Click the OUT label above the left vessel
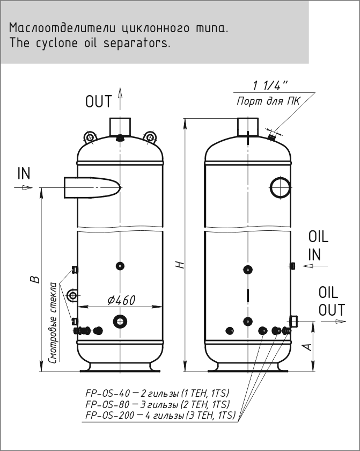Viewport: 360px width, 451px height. click(x=98, y=101)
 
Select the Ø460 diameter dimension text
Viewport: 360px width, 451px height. click(x=121, y=300)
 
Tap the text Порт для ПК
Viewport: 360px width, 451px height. click(x=268, y=101)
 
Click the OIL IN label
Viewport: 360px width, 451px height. click(x=318, y=245)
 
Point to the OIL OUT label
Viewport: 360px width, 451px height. click(x=328, y=301)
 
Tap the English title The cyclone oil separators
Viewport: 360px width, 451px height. click(x=90, y=43)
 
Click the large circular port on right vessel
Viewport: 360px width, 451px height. click(x=280, y=187)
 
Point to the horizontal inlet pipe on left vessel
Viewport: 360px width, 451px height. click(x=91, y=187)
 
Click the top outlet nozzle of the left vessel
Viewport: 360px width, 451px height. click(x=120, y=127)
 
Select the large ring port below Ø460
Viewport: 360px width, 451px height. click(x=119, y=321)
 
